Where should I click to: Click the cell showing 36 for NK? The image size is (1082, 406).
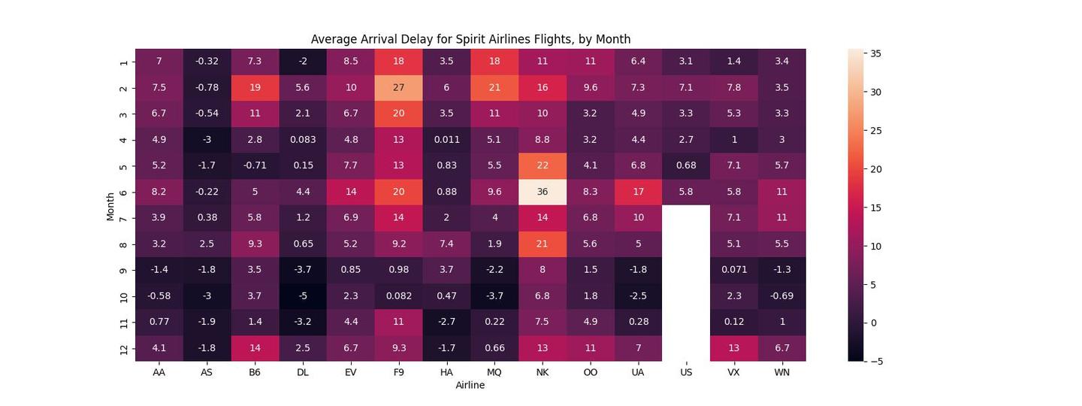click(x=542, y=192)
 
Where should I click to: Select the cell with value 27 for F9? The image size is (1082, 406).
click(x=398, y=88)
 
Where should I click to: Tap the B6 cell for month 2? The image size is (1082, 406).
click(x=255, y=88)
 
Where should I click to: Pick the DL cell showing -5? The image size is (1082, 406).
click(x=303, y=296)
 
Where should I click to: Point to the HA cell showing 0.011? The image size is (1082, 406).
click(x=446, y=140)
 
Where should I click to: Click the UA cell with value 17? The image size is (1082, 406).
click(x=638, y=192)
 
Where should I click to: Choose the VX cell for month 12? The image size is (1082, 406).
click(x=733, y=348)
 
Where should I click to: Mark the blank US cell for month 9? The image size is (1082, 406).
click(x=686, y=270)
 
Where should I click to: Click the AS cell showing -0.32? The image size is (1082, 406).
click(x=207, y=62)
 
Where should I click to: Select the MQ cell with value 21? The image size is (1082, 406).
click(x=494, y=88)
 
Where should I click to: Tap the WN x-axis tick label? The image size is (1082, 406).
click(x=781, y=372)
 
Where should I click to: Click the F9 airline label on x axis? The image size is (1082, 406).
click(x=398, y=372)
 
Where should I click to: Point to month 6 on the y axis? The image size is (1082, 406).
click(x=123, y=192)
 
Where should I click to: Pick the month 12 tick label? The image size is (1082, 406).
click(x=123, y=348)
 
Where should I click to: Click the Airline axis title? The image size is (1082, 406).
click(x=470, y=385)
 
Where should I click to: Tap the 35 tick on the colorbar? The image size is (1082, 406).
click(x=876, y=53)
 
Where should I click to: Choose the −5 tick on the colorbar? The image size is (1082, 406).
click(x=875, y=362)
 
